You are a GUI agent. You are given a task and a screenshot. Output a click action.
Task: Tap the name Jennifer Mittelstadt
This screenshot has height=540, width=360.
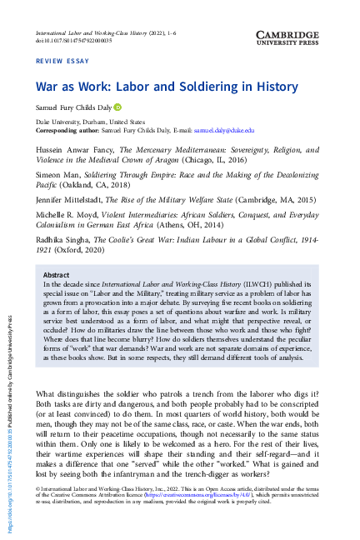(x=70, y=201)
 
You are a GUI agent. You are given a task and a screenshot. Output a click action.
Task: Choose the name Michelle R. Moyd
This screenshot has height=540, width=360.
(x=69, y=214)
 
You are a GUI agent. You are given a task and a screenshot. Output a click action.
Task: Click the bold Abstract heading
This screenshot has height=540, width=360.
(x=57, y=273)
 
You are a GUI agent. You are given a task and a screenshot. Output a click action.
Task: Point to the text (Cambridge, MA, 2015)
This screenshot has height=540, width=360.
(x=257, y=201)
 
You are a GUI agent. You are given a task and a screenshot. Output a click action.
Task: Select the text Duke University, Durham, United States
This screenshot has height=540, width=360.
(x=92, y=121)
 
